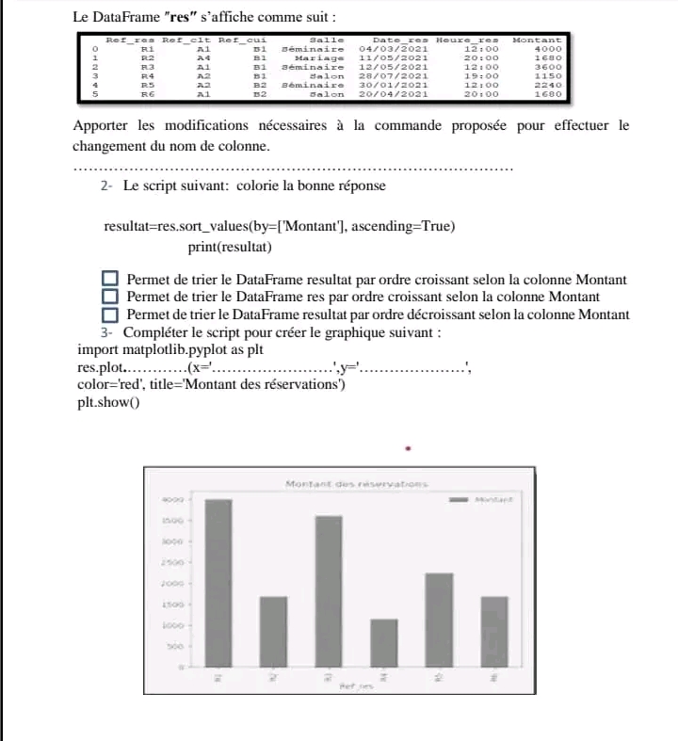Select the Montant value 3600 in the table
[x=548, y=67]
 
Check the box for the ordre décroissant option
[x=110, y=314]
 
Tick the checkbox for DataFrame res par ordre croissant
[x=110, y=297]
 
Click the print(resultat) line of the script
[x=230, y=247]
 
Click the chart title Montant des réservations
[x=356, y=484]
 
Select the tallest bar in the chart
[x=218, y=583]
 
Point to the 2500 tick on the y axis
[x=170, y=563]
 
